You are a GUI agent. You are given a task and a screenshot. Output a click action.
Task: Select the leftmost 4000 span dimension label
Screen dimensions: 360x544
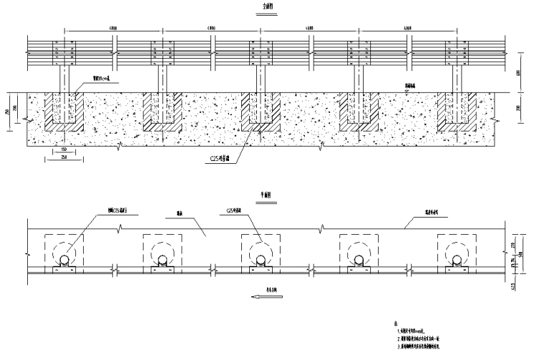click(x=114, y=29)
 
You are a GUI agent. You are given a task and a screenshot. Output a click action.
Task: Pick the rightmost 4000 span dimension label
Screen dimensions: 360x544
click(x=409, y=29)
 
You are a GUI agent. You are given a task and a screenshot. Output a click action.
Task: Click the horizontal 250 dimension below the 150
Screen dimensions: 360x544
click(x=64, y=157)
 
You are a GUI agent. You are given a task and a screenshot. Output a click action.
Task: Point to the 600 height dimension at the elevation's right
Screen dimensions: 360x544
click(x=518, y=73)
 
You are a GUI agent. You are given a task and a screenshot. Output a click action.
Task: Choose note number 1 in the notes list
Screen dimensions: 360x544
click(x=412, y=331)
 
